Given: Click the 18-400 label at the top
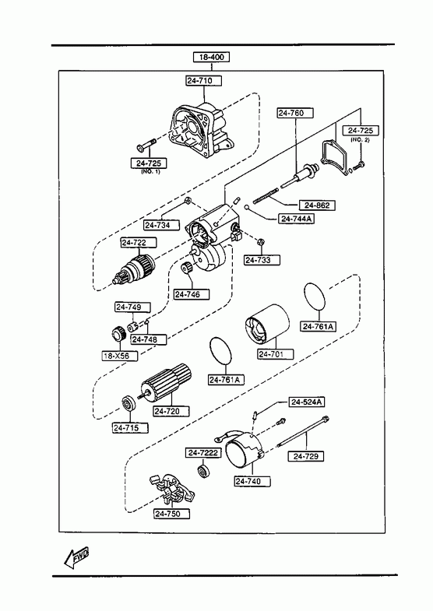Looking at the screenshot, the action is (211, 57).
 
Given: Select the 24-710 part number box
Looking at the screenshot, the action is (204, 81).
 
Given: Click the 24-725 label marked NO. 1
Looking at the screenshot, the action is (149, 163).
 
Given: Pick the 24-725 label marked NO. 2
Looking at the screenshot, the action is (361, 131).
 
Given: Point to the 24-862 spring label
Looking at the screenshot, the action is (317, 205).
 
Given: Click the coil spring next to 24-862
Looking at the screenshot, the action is (266, 195).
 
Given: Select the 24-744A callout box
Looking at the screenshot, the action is (297, 219).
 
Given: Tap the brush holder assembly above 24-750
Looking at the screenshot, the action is (171, 488).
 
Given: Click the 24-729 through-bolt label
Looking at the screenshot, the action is (306, 456).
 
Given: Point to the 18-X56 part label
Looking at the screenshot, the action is (120, 356).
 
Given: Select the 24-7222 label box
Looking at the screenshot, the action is (203, 453).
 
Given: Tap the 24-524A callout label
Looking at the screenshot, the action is (307, 402).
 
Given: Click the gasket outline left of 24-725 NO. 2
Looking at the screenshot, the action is (334, 156).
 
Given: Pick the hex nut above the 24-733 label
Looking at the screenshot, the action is (262, 241).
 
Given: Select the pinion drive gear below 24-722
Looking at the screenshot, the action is (133, 269).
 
